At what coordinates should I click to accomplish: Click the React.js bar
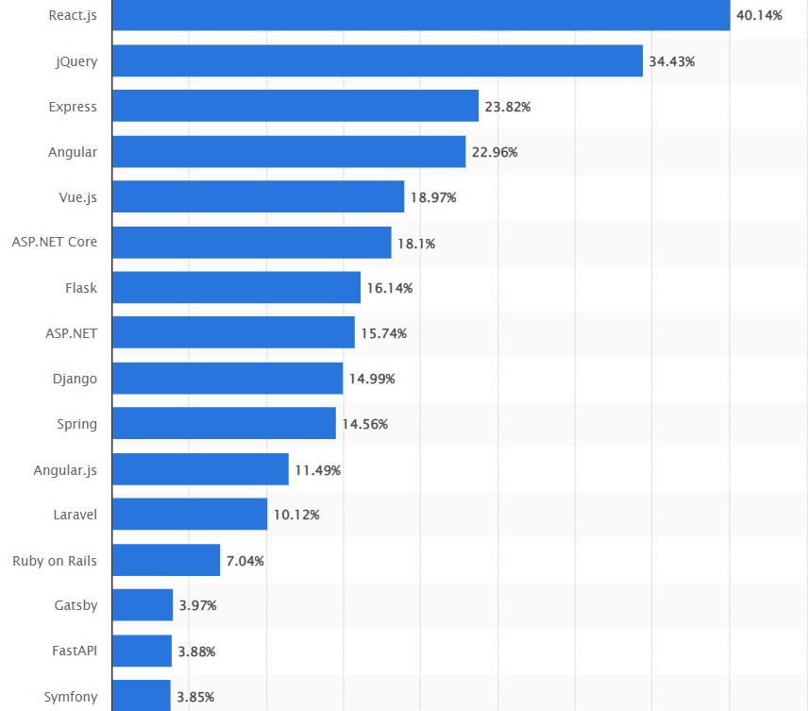click(x=420, y=15)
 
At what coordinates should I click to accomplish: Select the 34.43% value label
click(x=671, y=61)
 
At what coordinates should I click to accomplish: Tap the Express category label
click(x=73, y=107)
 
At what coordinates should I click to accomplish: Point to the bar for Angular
click(x=289, y=151)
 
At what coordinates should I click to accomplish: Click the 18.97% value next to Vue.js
click(x=433, y=197)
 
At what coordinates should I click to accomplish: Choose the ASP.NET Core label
click(x=55, y=242)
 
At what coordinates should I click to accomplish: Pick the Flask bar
click(x=236, y=288)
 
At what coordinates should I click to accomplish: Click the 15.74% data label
click(x=383, y=333)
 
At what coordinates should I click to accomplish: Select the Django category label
click(x=75, y=379)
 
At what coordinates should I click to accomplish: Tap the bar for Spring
click(x=224, y=424)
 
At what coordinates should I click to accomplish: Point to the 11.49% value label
click(x=317, y=470)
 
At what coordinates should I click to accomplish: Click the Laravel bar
click(x=190, y=515)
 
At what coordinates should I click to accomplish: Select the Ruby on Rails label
click(x=55, y=561)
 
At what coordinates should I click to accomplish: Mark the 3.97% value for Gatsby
click(x=197, y=605)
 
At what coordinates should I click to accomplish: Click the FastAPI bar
click(x=142, y=651)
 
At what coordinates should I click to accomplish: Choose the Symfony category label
click(x=70, y=697)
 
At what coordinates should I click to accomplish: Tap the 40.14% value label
click(x=759, y=15)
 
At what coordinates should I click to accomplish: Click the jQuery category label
click(x=76, y=61)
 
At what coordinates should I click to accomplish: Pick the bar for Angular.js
click(x=200, y=469)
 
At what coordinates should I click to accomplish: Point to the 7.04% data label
click(x=244, y=561)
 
